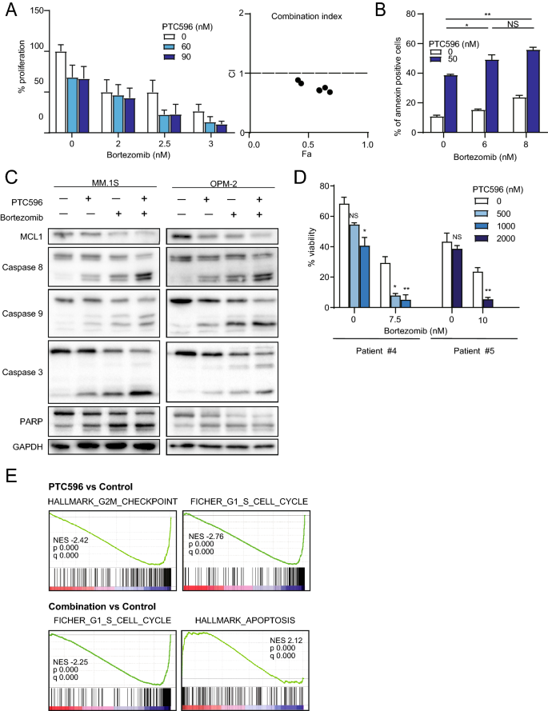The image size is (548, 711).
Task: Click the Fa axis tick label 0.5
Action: click(x=310, y=145)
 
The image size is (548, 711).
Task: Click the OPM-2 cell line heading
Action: click(x=220, y=182)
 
